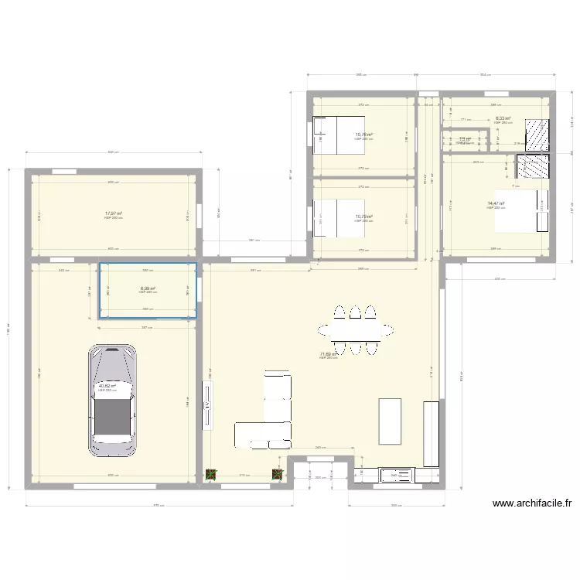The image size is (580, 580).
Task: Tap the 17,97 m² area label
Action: (x=114, y=213)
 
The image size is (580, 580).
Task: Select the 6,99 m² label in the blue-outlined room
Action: (x=148, y=288)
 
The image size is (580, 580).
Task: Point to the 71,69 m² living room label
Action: (x=329, y=354)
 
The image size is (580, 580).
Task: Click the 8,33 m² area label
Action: (x=503, y=119)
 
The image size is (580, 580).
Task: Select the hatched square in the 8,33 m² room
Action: (x=536, y=134)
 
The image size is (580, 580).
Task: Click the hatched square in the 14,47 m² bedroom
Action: (x=533, y=167)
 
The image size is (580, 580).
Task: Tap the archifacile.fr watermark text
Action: (x=531, y=503)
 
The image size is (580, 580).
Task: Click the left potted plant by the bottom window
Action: (x=210, y=475)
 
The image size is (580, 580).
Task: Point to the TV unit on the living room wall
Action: (x=207, y=403)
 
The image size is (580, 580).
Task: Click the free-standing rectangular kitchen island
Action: (x=390, y=421)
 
